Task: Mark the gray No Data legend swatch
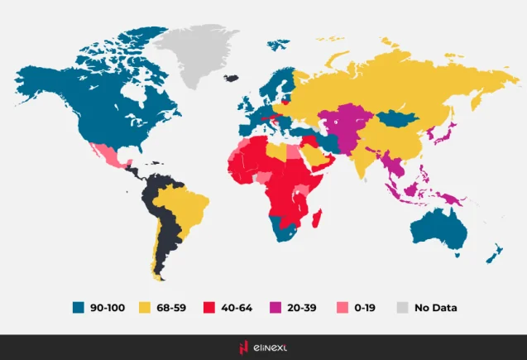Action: (402, 307)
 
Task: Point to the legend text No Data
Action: (435, 307)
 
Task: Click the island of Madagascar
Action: (315, 214)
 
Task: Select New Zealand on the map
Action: (494, 252)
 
